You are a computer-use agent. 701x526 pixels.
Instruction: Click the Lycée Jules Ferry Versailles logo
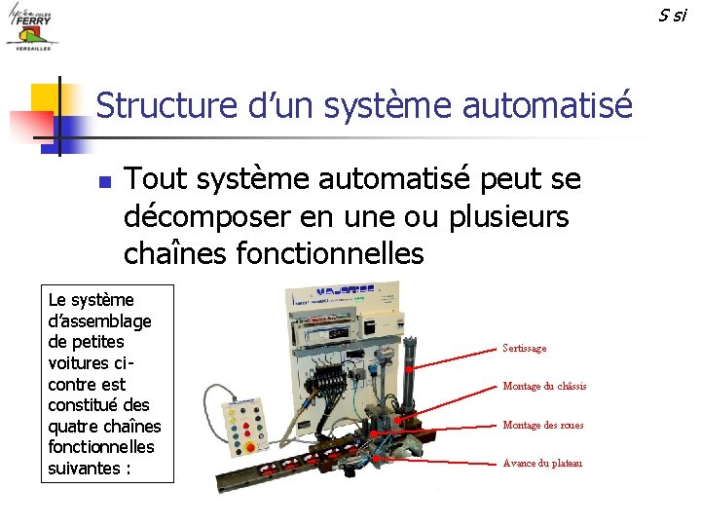coord(31,27)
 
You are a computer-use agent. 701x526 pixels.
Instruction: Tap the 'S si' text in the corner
coord(672,14)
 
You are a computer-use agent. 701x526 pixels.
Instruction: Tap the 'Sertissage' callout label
coord(524,348)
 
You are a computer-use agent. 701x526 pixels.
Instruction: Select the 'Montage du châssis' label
coord(543,387)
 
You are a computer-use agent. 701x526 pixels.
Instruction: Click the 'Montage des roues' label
coord(542,425)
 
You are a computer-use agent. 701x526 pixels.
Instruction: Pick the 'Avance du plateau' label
coord(541,463)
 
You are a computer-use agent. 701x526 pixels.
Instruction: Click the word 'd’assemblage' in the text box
coord(98,321)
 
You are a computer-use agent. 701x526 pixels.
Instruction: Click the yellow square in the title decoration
coord(47,98)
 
